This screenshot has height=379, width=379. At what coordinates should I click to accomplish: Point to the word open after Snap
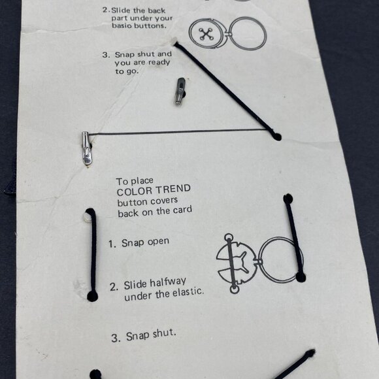point(158,242)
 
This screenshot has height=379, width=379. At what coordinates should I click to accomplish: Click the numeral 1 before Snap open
point(111,244)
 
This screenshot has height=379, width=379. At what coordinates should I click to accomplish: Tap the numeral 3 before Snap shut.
point(114,338)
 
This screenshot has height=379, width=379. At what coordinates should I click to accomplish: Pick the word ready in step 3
point(159,62)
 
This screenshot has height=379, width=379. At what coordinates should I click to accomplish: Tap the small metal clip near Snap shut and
point(180,91)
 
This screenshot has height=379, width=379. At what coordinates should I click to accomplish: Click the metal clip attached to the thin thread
point(86,148)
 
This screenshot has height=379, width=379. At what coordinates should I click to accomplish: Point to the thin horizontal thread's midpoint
point(178,132)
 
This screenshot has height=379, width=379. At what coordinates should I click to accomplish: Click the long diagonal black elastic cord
point(227,91)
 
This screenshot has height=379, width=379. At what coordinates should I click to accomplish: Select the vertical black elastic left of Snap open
point(92,255)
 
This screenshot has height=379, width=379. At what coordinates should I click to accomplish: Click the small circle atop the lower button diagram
point(229,237)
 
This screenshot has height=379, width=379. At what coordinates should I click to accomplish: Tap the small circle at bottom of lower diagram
point(234,289)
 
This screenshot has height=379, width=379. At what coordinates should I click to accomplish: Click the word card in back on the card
point(183,210)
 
